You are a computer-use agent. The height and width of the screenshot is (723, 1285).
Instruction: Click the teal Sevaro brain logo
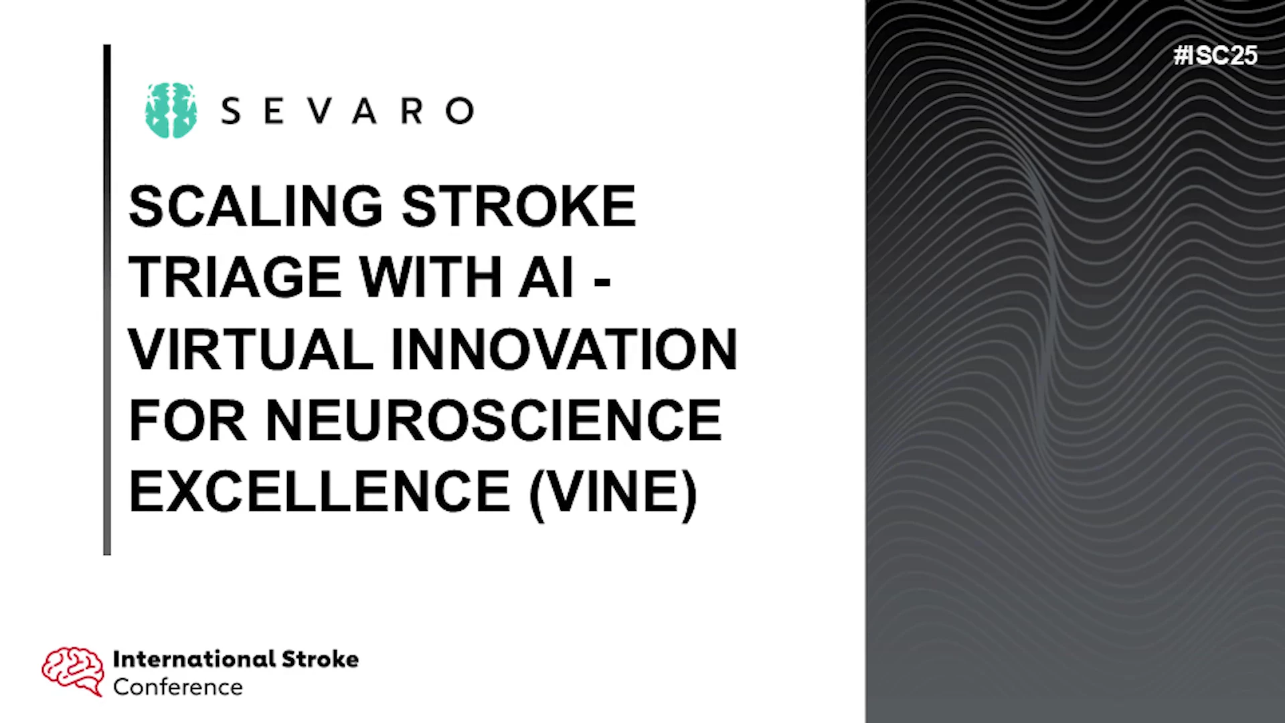tap(171, 110)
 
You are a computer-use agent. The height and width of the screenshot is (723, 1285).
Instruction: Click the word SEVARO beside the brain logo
tap(347, 111)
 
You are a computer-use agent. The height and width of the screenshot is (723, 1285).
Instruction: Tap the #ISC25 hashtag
tap(1215, 55)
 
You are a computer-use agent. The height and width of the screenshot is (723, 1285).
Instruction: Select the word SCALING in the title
tap(255, 206)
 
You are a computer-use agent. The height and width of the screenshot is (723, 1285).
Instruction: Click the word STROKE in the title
tap(518, 206)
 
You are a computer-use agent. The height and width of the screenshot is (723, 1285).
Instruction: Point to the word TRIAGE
tap(234, 277)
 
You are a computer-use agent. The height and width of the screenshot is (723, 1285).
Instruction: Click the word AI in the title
tap(546, 277)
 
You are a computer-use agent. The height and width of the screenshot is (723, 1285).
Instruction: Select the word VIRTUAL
tap(251, 349)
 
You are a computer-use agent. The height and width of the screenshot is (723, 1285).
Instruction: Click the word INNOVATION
tap(564, 349)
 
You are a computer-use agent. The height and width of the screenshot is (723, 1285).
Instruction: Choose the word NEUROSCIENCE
tap(494, 420)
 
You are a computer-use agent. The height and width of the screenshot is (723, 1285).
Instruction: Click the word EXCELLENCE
tap(319, 491)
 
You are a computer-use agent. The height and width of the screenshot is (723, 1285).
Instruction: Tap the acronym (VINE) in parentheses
tap(613, 494)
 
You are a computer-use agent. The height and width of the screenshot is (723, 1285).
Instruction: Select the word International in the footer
tap(194, 659)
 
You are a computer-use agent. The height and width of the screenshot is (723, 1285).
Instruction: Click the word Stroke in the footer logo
tap(320, 659)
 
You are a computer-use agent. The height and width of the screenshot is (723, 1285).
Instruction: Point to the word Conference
tap(178, 688)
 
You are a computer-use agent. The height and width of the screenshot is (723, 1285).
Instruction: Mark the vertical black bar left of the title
tap(107, 300)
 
